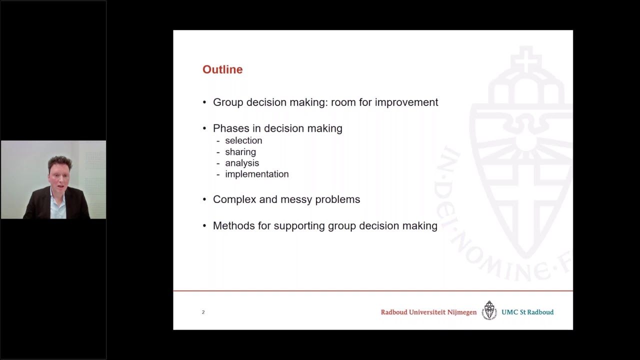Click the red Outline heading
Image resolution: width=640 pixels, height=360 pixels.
point(222,69)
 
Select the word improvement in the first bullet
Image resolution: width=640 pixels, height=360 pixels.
point(406,102)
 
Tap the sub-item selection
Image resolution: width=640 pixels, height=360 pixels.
point(243,141)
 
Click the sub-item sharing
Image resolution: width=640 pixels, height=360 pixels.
point(240,152)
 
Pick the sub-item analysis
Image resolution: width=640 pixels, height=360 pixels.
point(242,163)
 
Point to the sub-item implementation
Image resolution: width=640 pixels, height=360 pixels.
point(257,174)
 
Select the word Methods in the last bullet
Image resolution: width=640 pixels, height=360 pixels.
point(234,226)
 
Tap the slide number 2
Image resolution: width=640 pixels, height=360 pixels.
point(203,312)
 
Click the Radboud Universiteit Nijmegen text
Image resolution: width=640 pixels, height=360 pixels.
point(428,312)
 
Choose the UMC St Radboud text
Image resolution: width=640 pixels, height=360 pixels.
point(527,312)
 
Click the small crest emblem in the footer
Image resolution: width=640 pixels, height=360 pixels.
point(489,310)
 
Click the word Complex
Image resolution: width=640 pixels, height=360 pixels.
point(234,199)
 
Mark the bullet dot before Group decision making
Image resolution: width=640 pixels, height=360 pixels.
point(204,102)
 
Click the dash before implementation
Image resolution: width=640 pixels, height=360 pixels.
point(218,174)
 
